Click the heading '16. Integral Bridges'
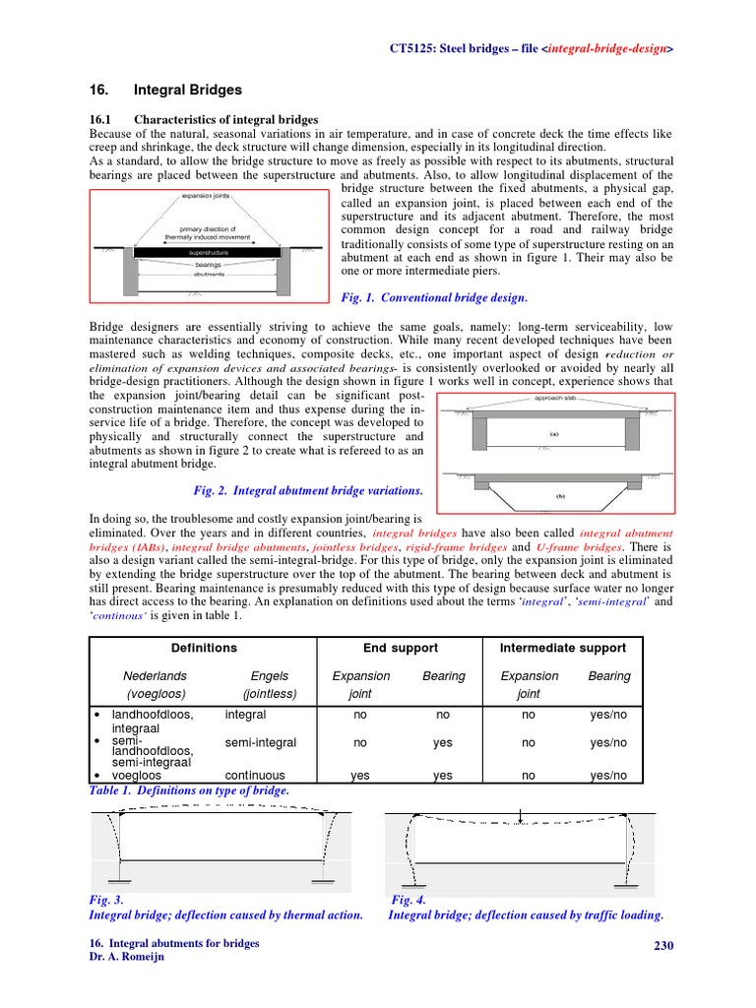click(164, 90)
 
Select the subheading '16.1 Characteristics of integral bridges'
click(204, 119)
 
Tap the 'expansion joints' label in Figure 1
click(206, 196)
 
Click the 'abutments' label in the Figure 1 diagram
click(208, 275)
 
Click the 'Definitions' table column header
click(204, 648)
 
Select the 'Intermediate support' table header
click(563, 648)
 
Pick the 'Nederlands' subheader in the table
click(155, 676)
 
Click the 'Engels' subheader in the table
click(270, 676)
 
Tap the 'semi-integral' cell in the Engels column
click(260, 743)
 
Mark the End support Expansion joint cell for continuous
click(361, 776)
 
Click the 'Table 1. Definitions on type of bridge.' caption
click(189, 790)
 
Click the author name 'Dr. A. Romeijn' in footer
click(127, 957)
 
